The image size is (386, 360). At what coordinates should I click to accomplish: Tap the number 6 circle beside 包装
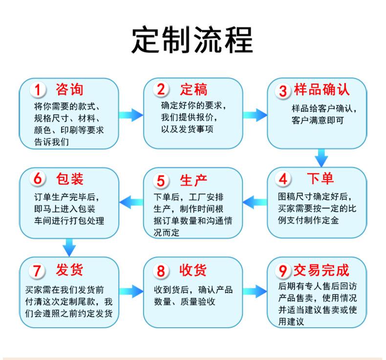(38, 180)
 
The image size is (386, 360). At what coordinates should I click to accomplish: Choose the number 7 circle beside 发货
(38, 270)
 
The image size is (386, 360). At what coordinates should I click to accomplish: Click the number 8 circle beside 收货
(161, 270)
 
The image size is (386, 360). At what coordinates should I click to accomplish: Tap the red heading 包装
(70, 179)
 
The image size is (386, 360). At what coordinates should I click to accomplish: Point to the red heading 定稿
(194, 90)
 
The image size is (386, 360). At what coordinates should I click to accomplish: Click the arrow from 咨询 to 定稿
(131, 115)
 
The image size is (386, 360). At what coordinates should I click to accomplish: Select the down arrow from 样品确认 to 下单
(321, 157)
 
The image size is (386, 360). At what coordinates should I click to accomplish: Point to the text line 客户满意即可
(317, 120)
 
